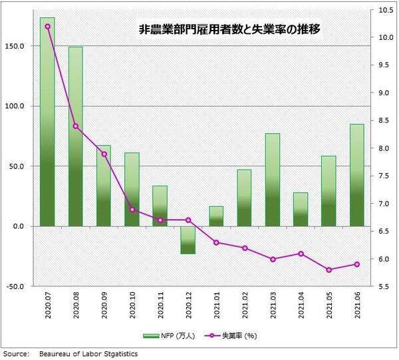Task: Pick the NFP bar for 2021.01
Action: point(216,216)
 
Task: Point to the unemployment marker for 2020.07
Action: point(47,26)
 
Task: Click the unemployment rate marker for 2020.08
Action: point(76,126)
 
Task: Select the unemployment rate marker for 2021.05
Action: point(329,270)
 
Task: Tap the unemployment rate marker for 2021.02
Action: point(245,248)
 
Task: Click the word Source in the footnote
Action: point(15,354)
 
